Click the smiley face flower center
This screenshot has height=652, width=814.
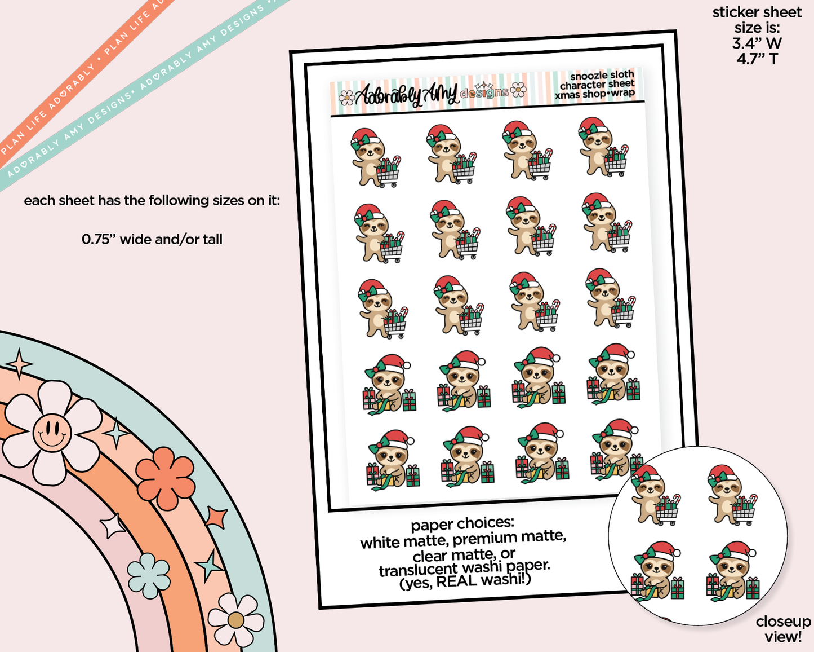click(x=52, y=433)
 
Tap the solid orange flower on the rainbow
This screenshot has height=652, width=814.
click(x=164, y=478)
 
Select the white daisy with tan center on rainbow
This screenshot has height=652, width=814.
click(x=236, y=620)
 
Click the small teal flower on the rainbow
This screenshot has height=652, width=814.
click(x=148, y=575)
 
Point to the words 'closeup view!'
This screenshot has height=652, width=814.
click(x=784, y=629)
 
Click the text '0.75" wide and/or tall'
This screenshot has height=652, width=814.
click(x=152, y=240)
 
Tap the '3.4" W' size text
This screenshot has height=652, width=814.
click(x=757, y=43)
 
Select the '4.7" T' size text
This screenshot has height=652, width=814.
click(x=757, y=59)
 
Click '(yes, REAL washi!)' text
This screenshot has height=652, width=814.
click(x=465, y=581)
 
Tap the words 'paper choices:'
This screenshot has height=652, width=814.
click(x=462, y=525)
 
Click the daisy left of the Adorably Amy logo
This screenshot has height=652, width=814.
click(x=346, y=98)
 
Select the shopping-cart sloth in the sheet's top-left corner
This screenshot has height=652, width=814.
click(x=376, y=157)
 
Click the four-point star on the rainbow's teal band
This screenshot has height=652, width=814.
click(x=19, y=364)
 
